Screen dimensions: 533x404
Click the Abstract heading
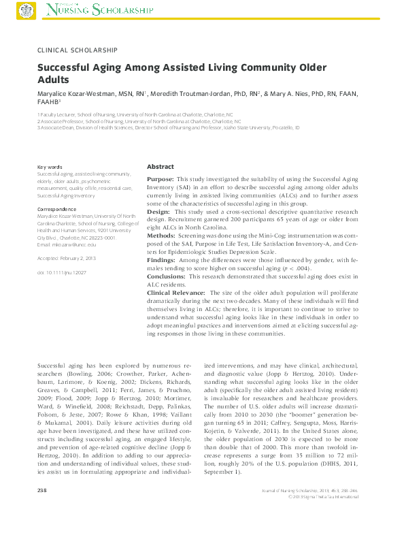(x=161, y=166)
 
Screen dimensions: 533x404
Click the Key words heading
(x=50, y=167)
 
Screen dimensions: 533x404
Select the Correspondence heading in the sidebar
(x=56, y=210)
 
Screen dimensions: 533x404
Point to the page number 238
(x=42, y=508)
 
